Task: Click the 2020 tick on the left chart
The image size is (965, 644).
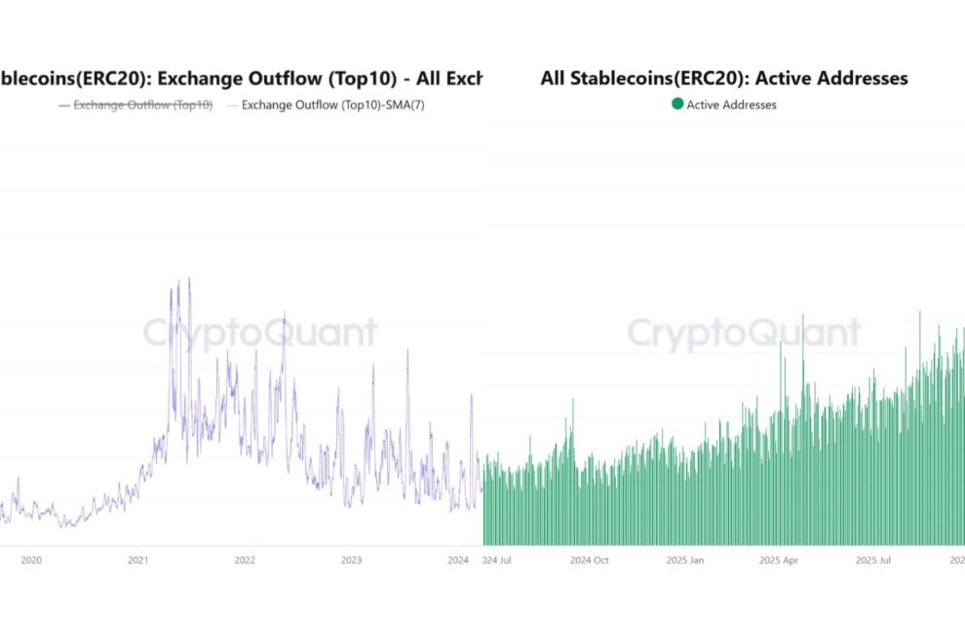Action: point(31,560)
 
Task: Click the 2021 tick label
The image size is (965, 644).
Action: point(137,560)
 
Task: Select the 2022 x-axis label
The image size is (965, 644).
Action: point(245,560)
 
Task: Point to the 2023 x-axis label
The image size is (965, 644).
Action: point(351,560)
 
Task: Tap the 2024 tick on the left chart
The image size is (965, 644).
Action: point(458,560)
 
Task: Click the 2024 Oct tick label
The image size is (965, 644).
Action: point(590,560)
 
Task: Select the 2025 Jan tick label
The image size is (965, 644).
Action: point(683,560)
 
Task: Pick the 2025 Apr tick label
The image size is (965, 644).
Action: point(779,560)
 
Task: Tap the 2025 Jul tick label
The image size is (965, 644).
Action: point(873,560)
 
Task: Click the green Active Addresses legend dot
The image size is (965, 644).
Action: point(677,104)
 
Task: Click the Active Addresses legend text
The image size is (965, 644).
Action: point(731,104)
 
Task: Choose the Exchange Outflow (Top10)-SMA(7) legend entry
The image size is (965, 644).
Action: point(332,104)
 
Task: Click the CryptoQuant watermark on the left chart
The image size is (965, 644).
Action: point(259,333)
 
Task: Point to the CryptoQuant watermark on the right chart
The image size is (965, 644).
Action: point(743,333)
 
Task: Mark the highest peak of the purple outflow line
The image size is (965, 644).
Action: point(188,279)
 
